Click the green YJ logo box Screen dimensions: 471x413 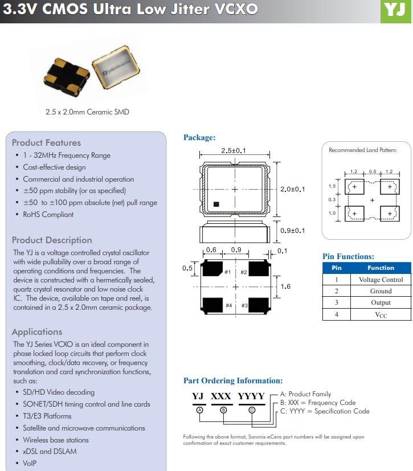[395, 11]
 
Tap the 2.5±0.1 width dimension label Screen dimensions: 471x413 [233, 151]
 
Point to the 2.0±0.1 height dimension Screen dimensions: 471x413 [293, 189]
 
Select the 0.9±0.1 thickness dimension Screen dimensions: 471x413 [293, 231]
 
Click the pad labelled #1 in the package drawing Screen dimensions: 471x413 [212, 268]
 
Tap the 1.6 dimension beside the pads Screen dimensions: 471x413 [285, 286]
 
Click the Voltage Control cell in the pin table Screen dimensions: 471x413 [381, 280]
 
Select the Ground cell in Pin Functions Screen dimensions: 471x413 [381, 291]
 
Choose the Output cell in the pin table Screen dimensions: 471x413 [381, 302]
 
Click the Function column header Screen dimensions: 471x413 [381, 268]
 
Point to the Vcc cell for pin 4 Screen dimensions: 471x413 [381, 314]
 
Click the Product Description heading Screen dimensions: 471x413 [52, 240]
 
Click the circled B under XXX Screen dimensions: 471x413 [223, 410]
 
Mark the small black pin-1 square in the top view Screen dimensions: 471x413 [216, 203]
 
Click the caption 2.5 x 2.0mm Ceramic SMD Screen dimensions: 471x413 [87, 112]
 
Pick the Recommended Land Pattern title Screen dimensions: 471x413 [363, 150]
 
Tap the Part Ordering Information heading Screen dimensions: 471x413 [232, 381]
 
